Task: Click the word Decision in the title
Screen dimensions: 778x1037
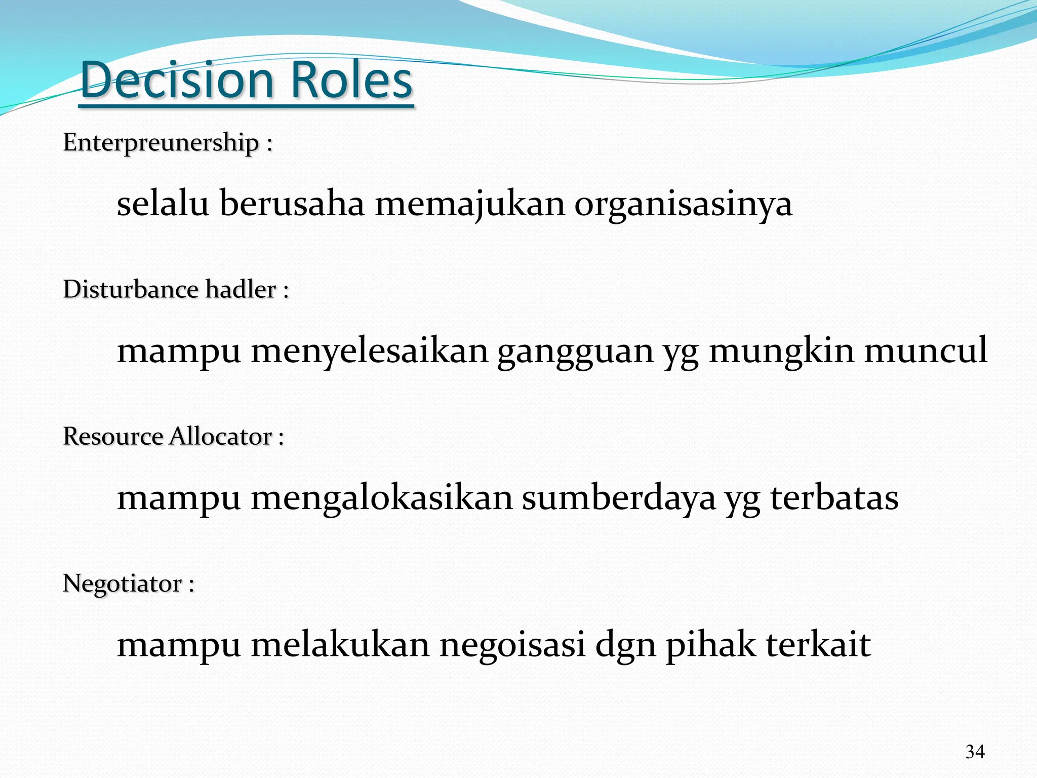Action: coord(177,80)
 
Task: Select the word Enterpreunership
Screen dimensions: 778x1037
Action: coord(161,142)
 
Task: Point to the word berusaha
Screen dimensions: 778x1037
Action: coord(292,204)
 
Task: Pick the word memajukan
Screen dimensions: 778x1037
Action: coord(469,204)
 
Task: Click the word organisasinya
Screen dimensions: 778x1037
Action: coord(683,204)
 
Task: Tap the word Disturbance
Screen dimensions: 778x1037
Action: coord(130,289)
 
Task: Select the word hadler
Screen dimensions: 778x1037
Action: coord(241,289)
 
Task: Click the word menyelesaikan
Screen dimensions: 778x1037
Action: coord(369,351)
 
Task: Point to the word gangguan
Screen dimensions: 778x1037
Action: coord(575,351)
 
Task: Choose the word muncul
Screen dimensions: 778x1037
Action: coord(925,351)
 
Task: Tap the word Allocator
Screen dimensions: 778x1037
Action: coord(221,436)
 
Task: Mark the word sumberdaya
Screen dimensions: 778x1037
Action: coord(619,497)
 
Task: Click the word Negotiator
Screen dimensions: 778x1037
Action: coord(122,583)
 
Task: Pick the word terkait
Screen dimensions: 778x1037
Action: coord(818,645)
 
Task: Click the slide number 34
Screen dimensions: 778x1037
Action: coord(975,752)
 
